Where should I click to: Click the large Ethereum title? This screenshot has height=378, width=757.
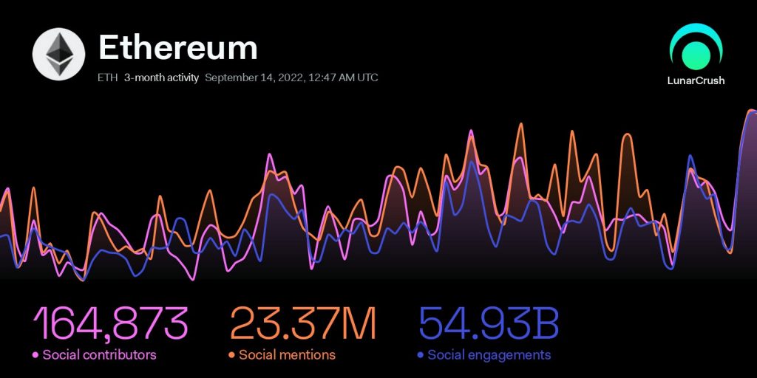coord(178,48)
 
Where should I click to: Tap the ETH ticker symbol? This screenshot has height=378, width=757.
coord(107,78)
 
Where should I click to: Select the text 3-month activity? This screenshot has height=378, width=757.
coord(161,78)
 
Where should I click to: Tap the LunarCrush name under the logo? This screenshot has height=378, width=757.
coord(696,80)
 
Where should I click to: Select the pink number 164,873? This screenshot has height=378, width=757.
coord(110,323)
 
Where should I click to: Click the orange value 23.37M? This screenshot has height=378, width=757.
coord(304,323)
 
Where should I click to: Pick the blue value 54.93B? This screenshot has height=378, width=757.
coord(489,323)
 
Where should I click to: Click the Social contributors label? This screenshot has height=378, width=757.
coord(99,355)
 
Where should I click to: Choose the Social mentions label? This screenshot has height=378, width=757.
coord(287,355)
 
